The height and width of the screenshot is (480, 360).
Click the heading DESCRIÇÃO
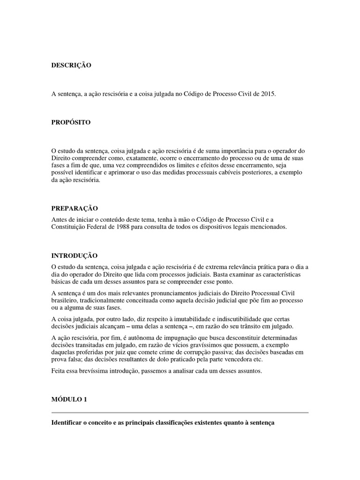71,66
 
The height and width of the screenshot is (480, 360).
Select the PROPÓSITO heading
71,122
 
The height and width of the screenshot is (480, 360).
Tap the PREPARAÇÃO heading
75,208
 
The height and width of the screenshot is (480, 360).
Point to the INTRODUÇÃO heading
75,256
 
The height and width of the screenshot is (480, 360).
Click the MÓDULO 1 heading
69,387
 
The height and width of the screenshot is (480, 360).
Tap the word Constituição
69,227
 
